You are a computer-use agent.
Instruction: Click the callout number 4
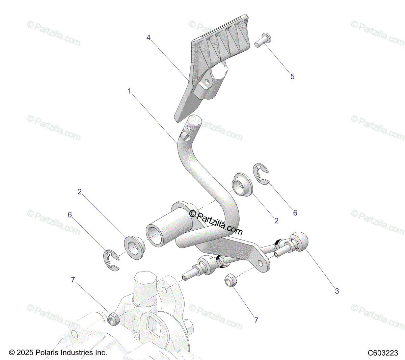148,37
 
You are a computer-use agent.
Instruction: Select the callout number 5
292,76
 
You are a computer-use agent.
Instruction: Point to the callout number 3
337,291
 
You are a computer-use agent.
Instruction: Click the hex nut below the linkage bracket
231,280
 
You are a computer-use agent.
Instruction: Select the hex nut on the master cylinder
113,318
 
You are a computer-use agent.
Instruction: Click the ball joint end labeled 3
299,241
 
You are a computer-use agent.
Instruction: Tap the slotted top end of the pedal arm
193,127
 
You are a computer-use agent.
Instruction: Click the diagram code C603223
383,353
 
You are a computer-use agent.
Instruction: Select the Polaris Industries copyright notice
58,353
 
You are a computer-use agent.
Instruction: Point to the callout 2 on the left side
80,192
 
